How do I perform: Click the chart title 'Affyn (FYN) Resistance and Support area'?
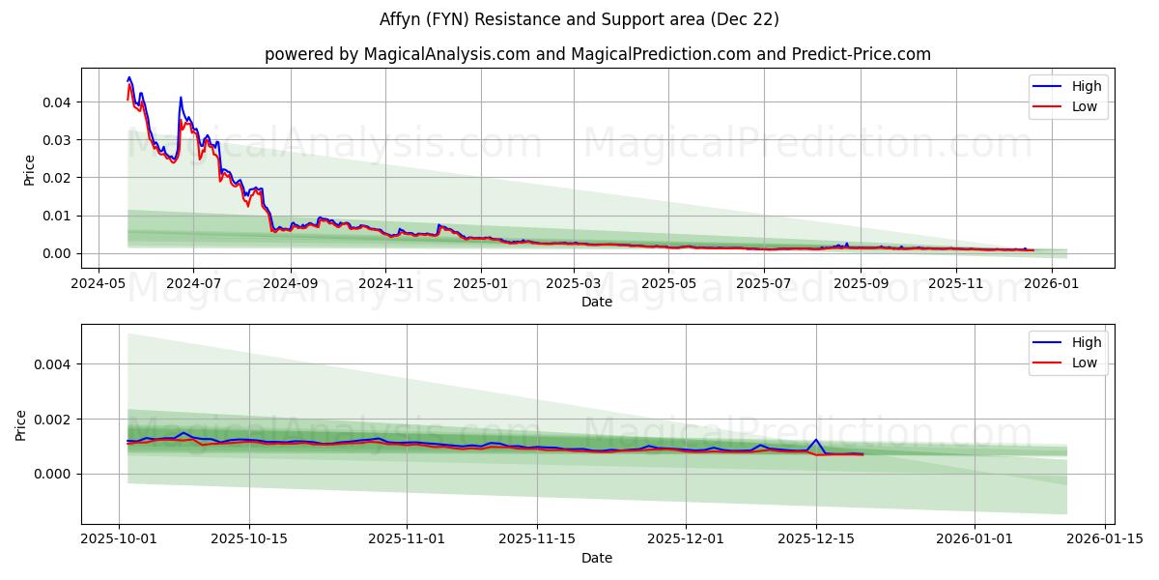click(x=579, y=19)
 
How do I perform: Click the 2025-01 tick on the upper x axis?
click(x=480, y=284)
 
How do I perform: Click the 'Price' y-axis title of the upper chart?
click(x=29, y=168)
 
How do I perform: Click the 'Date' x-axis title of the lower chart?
click(x=597, y=558)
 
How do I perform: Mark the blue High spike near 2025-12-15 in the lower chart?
click(x=816, y=440)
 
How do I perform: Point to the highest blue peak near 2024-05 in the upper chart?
click(x=129, y=78)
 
